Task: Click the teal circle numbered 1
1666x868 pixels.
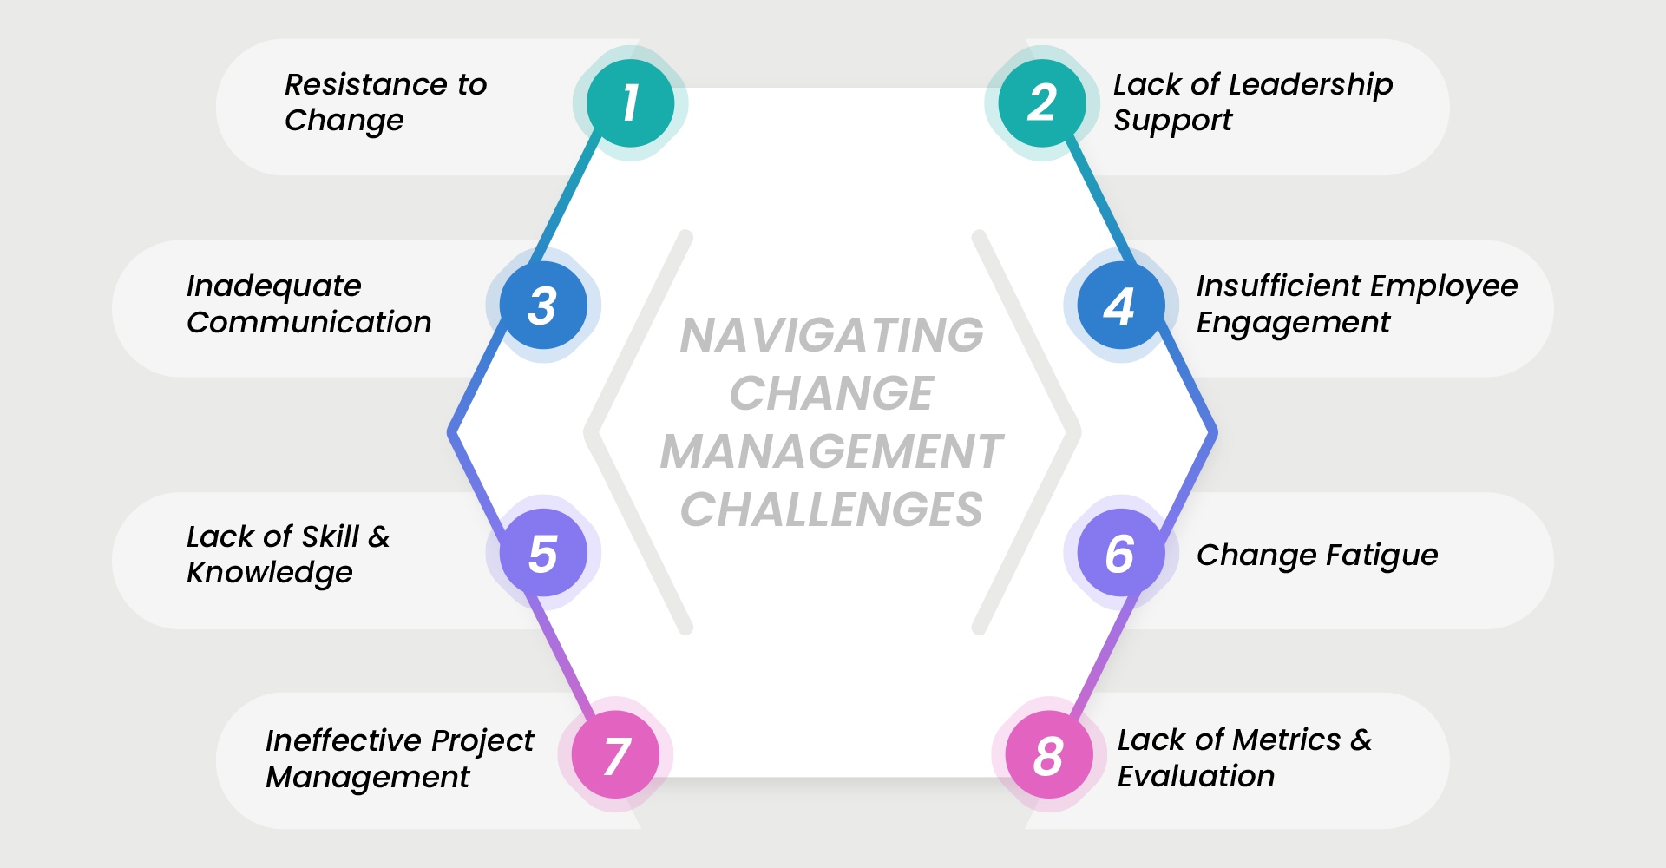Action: pyautogui.click(x=630, y=103)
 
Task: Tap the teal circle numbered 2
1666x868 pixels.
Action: pyautogui.click(x=1042, y=103)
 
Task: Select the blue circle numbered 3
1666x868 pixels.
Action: pyautogui.click(x=543, y=306)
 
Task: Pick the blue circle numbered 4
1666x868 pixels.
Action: pyautogui.click(x=1120, y=306)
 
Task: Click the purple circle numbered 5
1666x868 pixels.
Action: pyautogui.click(x=543, y=553)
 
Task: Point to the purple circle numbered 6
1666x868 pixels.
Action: pyautogui.click(x=1120, y=553)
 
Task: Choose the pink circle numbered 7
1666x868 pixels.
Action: pyautogui.click(x=616, y=755)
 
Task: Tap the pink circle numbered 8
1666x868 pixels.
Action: pyautogui.click(x=1048, y=755)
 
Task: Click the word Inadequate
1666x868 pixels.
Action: pyautogui.click(x=273, y=286)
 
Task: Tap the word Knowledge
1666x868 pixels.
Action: pyautogui.click(x=269, y=573)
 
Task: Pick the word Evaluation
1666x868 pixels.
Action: pyautogui.click(x=1196, y=776)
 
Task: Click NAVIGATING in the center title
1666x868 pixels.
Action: pyautogui.click(x=831, y=335)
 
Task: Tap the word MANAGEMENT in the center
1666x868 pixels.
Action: pyautogui.click(x=831, y=451)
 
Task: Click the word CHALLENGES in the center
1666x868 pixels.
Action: pyautogui.click(x=831, y=510)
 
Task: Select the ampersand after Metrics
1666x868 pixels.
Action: pyautogui.click(x=1361, y=740)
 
